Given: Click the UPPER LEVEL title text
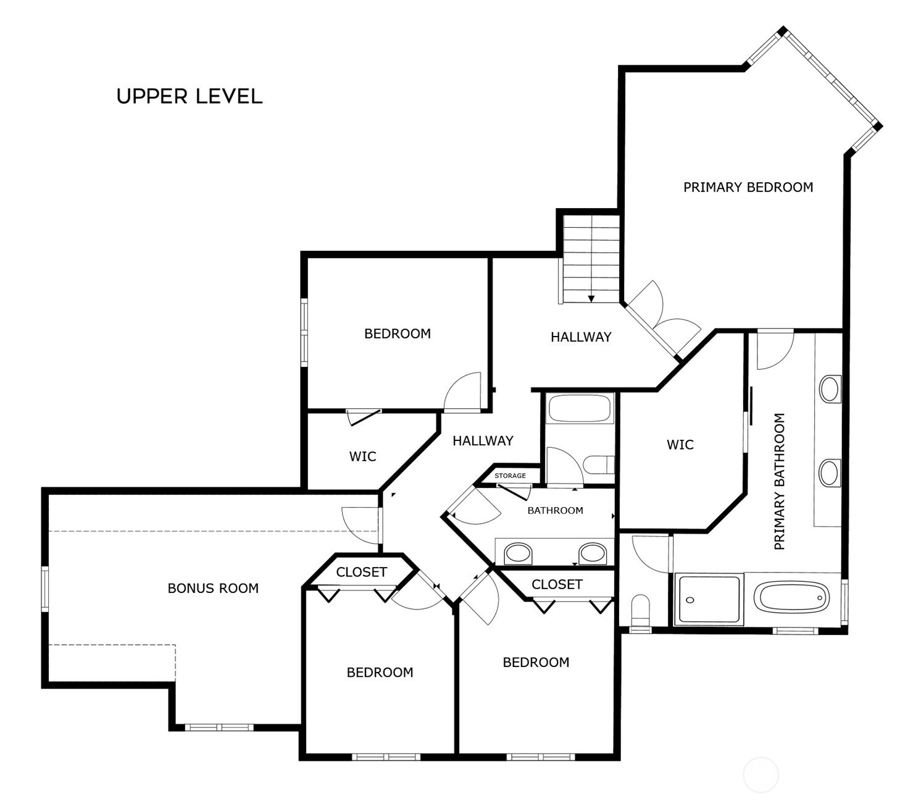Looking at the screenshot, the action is click(x=190, y=96).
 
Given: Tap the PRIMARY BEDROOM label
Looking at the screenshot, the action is click(x=748, y=187).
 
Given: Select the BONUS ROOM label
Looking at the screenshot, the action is click(x=213, y=588).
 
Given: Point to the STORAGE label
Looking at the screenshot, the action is click(x=510, y=476).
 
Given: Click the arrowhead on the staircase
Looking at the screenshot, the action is click(x=591, y=299).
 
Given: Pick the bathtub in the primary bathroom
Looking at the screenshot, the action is click(x=792, y=598).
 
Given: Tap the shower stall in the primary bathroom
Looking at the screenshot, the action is click(x=709, y=599).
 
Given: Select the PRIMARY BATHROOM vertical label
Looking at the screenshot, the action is click(x=779, y=482).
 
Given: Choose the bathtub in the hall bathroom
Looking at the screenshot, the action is click(x=580, y=408).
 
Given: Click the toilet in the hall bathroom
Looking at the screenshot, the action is click(x=599, y=465).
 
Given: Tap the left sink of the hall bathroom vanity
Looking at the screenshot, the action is click(x=518, y=553).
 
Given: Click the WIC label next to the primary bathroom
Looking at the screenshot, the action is click(x=680, y=445).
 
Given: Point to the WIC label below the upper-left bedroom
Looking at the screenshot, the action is click(x=362, y=456).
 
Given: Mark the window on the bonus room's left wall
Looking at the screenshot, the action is click(x=45, y=589).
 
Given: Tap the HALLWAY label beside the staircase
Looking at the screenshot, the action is click(x=581, y=337).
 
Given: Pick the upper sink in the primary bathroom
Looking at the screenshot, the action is click(x=829, y=389).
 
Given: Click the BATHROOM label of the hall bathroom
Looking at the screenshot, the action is click(x=555, y=510).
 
